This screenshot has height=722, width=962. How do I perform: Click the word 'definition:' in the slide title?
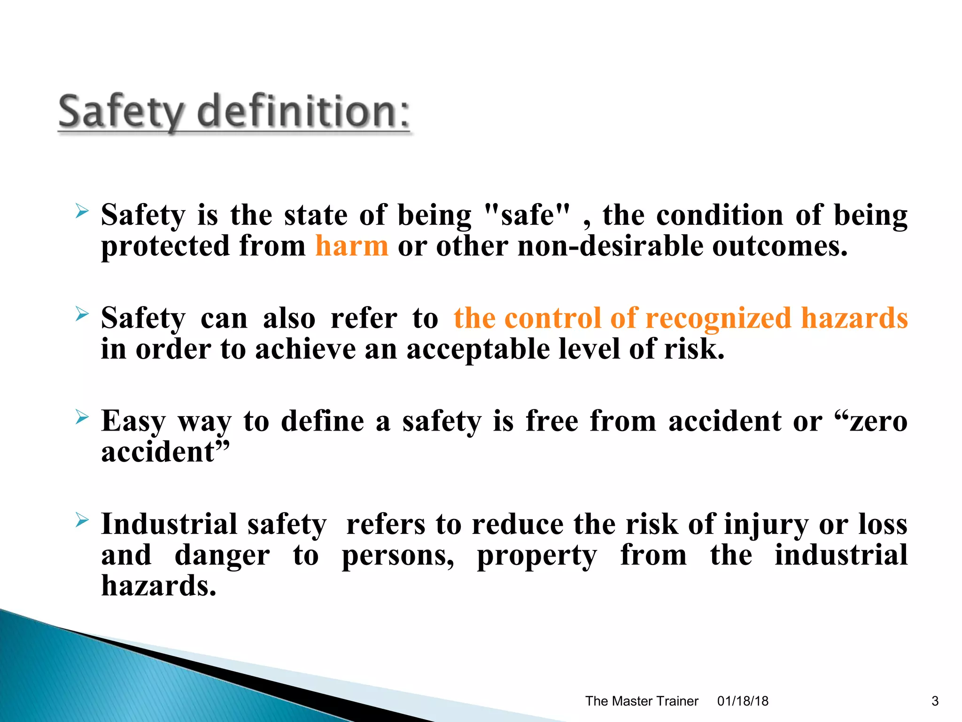point(304,111)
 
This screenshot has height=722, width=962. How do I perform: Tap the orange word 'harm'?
point(352,246)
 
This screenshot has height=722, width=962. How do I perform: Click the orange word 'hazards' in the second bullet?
point(854,318)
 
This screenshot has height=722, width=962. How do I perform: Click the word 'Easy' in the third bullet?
point(133,421)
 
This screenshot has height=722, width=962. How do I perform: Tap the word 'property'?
point(537,556)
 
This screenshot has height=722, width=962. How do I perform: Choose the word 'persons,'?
point(398,556)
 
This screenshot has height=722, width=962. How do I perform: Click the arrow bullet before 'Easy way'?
point(82,416)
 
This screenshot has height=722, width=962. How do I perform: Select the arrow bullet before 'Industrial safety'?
point(82,519)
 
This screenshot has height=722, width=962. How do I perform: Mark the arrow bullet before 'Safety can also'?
point(82,314)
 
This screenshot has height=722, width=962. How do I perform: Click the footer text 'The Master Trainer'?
point(642,701)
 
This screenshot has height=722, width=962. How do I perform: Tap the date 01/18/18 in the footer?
point(743,701)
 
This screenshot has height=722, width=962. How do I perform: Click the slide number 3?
point(935,701)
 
